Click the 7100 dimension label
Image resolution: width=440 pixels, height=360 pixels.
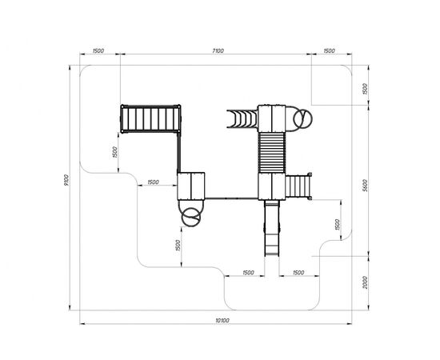click(218, 50)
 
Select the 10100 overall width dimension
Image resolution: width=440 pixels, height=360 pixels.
click(222, 320)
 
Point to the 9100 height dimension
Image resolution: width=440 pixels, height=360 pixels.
click(66, 180)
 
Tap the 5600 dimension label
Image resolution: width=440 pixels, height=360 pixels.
click(365, 186)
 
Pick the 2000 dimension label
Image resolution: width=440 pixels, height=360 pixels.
click(365, 282)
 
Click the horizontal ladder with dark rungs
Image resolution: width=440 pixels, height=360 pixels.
click(151, 118)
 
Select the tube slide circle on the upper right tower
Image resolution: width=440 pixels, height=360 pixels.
click(302, 118)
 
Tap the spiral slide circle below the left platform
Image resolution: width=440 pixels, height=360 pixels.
click(191, 217)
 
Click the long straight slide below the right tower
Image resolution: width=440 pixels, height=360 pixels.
click(272, 228)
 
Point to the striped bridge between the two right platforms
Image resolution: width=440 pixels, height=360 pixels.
click(272, 153)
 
